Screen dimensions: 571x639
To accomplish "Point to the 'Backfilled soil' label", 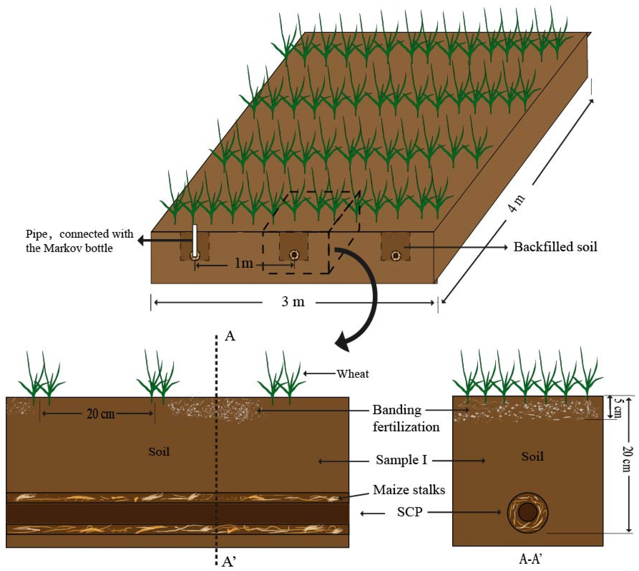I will pos(555,247).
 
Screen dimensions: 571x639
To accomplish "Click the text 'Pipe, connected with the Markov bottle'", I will pos(79,241).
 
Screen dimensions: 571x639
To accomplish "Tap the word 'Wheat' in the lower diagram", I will pos(353,374).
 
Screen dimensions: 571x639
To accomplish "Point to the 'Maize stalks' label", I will pos(409,490).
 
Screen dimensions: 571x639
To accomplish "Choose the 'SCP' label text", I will pos(409,512).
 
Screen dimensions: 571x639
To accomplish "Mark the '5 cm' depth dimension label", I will pos(617,407).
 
